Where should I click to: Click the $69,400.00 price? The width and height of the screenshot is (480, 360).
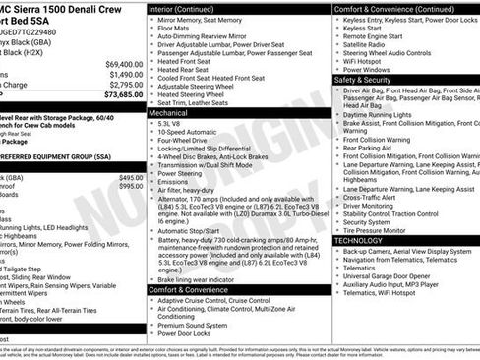click(x=123, y=64)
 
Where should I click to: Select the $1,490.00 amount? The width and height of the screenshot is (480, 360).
click(x=125, y=75)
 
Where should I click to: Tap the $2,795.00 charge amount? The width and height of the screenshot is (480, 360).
click(x=125, y=86)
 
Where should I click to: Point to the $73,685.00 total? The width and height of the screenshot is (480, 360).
click(x=123, y=95)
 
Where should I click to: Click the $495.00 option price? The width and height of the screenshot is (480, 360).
click(x=130, y=177)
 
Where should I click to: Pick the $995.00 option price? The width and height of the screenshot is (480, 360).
click(x=130, y=187)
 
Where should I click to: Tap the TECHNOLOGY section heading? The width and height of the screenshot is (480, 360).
click(x=358, y=240)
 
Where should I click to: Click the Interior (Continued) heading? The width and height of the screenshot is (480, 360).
click(x=187, y=8)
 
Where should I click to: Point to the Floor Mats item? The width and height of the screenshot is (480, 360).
click(x=175, y=30)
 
